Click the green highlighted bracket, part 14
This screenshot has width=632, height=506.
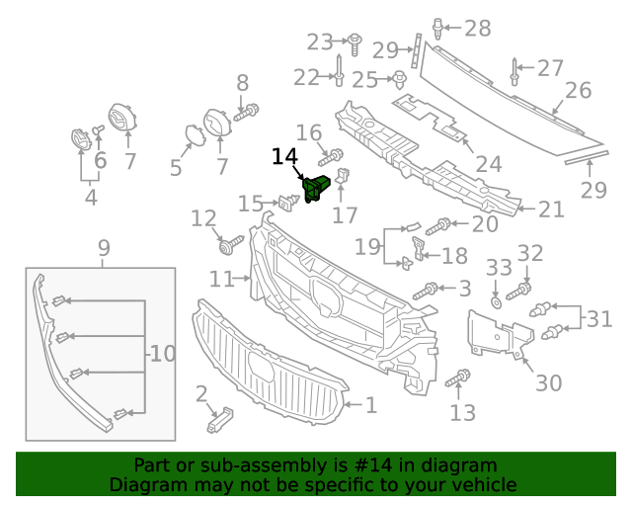pyautogui.click(x=316, y=187)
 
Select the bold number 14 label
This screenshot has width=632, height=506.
pyautogui.click(x=284, y=156)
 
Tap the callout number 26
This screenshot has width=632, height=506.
pyautogui.click(x=578, y=91)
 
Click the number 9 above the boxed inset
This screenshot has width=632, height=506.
pyautogui.click(x=104, y=248)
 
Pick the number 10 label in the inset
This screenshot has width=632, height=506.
pyautogui.click(x=162, y=353)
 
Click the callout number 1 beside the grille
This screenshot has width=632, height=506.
pyautogui.click(x=370, y=404)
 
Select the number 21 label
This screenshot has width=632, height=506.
pyautogui.click(x=550, y=209)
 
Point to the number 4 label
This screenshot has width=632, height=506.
pyautogui.click(x=90, y=198)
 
